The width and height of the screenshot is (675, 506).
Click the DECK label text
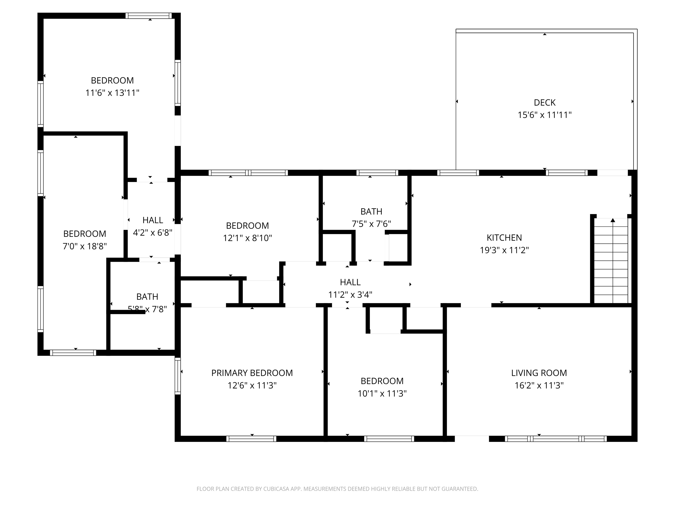544,102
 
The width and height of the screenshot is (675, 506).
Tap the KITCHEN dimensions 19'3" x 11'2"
504,250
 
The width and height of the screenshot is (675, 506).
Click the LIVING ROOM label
539,373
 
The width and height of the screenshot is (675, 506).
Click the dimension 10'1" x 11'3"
382,393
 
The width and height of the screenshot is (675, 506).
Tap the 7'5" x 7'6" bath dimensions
371,224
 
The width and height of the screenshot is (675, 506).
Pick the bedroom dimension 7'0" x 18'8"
85,246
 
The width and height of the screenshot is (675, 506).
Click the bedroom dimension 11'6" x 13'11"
112,93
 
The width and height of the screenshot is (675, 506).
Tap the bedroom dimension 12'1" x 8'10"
247,238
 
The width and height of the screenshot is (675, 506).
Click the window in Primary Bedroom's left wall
178,376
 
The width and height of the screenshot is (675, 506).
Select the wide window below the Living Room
555,439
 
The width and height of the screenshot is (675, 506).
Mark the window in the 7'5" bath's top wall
377,173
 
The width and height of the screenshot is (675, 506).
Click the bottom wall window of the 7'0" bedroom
73,353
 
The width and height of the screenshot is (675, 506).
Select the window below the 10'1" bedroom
389,439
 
